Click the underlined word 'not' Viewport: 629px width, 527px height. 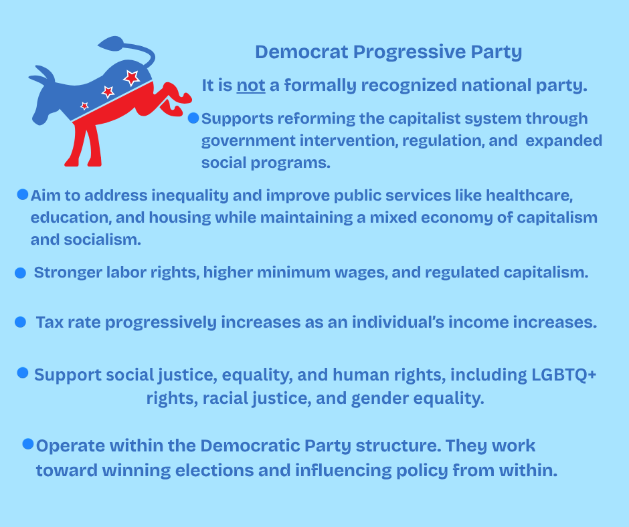tap(251, 85)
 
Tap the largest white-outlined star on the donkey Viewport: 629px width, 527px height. tap(131, 78)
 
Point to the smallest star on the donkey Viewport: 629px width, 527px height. tap(84, 106)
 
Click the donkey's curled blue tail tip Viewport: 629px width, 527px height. tap(110, 43)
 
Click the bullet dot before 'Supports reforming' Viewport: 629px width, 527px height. tap(193, 118)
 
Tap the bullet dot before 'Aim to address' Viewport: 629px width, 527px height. tap(23, 195)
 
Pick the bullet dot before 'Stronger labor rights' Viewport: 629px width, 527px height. tap(21, 273)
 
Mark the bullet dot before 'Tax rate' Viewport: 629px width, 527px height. tap(21, 322)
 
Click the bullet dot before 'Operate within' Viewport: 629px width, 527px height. tap(28, 444)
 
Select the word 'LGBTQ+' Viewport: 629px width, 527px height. tap(564, 375)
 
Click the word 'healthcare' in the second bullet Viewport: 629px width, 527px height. tap(529, 195)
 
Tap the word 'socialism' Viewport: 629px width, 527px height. tap(102, 239)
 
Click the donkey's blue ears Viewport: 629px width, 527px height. tap(42, 76)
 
